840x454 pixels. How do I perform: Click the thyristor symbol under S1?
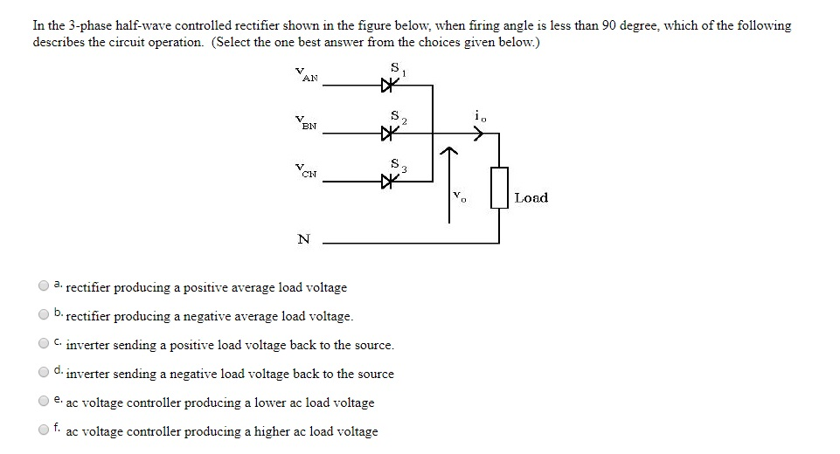click(390, 86)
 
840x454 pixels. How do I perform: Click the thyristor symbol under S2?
click(390, 134)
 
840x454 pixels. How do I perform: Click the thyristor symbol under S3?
click(390, 182)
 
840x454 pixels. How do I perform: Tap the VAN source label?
click(308, 76)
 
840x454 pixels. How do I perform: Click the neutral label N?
click(303, 240)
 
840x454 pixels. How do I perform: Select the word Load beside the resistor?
click(531, 197)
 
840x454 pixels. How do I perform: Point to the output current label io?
click(476, 114)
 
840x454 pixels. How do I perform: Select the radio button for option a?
click(43, 285)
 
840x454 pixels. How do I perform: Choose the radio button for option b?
click(43, 314)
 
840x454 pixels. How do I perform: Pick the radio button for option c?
click(43, 343)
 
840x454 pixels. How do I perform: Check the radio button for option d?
click(43, 372)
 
